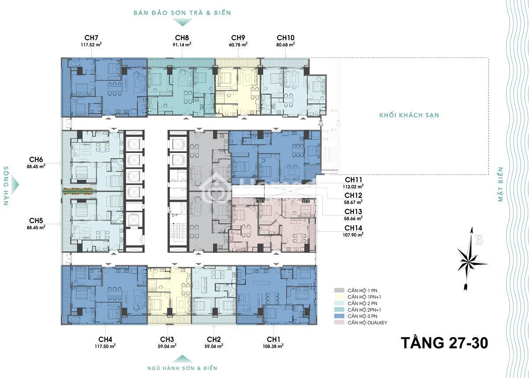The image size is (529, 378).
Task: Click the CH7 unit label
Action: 91,38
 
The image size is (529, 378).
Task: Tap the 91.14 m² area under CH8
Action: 182,44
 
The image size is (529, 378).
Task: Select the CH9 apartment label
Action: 238,38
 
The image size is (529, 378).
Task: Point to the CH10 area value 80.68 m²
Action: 286,44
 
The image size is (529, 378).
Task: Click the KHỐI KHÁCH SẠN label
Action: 409,115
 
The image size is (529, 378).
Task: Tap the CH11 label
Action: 353,180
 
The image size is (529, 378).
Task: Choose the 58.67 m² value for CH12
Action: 353,202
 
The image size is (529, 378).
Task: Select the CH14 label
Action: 353,228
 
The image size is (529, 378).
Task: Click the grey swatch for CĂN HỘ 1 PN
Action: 339,290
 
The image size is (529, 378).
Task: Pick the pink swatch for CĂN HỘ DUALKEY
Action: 339,322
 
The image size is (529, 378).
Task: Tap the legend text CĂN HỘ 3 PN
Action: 362,316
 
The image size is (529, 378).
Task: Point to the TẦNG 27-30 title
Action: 445,343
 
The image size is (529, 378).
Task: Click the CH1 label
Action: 273,339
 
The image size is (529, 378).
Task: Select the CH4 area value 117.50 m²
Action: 105,346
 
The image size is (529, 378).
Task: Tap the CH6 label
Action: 36,159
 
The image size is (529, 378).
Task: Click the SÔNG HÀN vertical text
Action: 6,186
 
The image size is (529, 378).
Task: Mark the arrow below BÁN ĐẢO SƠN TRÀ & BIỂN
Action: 183,22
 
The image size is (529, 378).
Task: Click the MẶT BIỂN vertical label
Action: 500,184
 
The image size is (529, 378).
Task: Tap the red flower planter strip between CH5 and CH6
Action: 79,191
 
